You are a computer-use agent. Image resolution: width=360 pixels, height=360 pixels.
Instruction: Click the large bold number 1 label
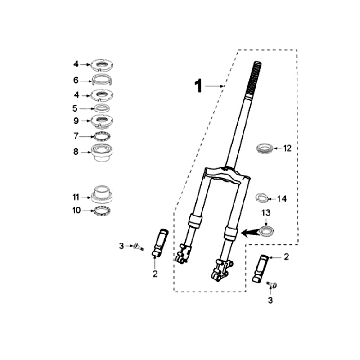[x=199, y=86]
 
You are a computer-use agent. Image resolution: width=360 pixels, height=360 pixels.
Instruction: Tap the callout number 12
[x=287, y=148]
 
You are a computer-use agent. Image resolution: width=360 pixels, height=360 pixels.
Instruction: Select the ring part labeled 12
[x=265, y=148]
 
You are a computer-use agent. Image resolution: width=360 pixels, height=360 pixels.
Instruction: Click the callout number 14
[x=282, y=199]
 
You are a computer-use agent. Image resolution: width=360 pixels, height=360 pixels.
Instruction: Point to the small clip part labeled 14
[x=262, y=198]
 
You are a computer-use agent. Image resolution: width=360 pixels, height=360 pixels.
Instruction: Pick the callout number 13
[x=266, y=212]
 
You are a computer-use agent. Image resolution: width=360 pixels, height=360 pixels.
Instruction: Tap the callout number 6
[x=76, y=80]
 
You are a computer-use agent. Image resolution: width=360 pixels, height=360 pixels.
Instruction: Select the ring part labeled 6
[x=102, y=80]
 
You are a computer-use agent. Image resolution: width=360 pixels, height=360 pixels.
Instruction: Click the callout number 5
[x=75, y=108]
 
